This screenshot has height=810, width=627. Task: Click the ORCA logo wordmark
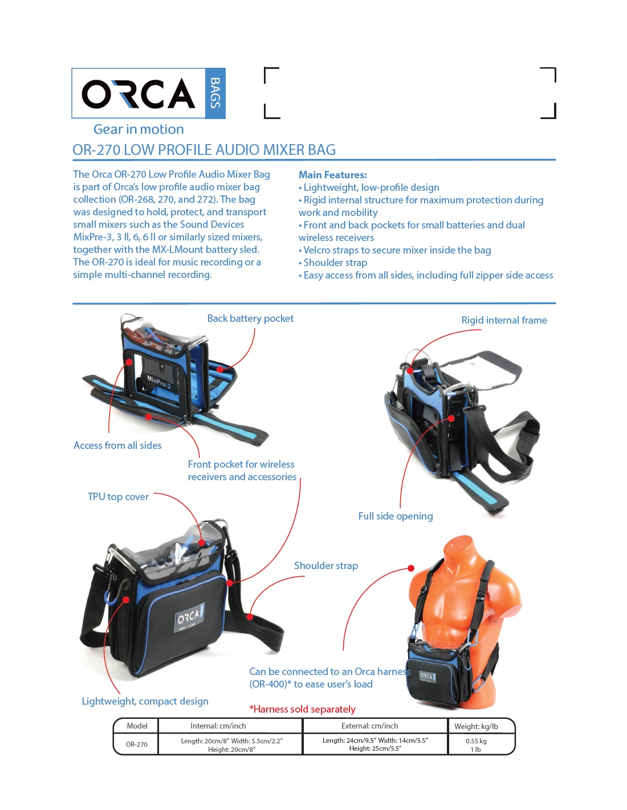[139, 93]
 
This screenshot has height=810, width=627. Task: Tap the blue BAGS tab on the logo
[215, 93]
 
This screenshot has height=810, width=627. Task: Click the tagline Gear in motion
[139, 129]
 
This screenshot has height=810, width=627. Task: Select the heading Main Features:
[333, 175]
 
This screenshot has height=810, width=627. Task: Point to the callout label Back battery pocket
[250, 318]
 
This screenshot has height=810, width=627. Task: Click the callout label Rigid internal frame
[504, 320]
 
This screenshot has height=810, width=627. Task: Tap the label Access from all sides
[117, 445]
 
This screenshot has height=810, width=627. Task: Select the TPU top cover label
[118, 497]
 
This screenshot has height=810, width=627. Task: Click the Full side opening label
[396, 516]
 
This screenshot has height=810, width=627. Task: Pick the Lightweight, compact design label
[145, 701]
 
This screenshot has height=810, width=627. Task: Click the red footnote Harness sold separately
[303, 709]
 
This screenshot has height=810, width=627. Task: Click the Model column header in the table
[137, 726]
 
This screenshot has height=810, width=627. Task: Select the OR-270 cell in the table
[137, 744]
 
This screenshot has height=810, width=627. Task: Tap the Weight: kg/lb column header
[476, 726]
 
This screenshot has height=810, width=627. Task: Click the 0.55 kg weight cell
[476, 741]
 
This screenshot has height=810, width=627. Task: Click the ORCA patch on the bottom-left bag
[189, 618]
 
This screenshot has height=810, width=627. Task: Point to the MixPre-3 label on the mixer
[159, 382]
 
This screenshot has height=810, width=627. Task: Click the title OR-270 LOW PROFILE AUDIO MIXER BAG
[204, 150]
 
